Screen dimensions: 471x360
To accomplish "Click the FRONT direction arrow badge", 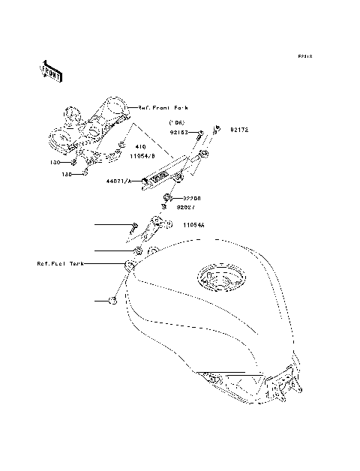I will (x=51, y=70).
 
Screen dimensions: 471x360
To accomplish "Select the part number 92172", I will (x=238, y=130).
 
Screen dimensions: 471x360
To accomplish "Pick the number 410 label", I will (x=139, y=147).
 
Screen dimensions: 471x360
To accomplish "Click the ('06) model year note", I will (x=177, y=122).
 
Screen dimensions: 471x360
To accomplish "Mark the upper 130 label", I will (x=55, y=162).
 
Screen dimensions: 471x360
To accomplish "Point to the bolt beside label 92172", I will (x=216, y=130).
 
